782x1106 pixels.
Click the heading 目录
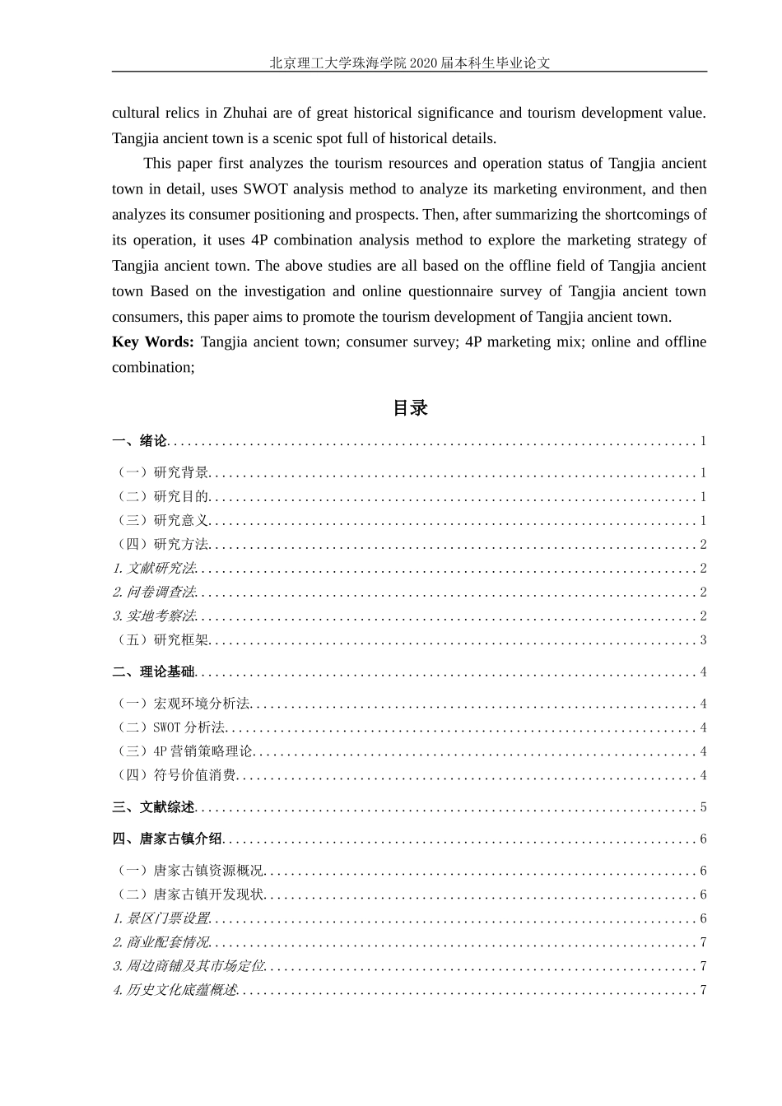(x=410, y=408)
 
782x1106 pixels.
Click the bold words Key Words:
(x=153, y=342)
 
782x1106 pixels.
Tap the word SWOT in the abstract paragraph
(x=261, y=188)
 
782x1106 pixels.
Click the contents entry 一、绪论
(x=139, y=441)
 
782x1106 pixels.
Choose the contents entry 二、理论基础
(x=153, y=672)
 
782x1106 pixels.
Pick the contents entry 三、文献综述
(x=153, y=807)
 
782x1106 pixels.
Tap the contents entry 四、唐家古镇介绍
(x=167, y=839)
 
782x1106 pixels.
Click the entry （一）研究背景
(x=161, y=473)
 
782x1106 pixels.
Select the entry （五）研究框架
(x=161, y=640)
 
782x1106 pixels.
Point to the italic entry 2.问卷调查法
(x=155, y=592)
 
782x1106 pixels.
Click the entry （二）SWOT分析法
(x=169, y=727)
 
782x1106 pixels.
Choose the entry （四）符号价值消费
(x=175, y=775)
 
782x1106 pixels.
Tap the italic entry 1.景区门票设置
(x=161, y=918)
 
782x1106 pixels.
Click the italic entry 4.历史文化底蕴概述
(x=175, y=990)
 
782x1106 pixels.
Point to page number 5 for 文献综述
(x=703, y=807)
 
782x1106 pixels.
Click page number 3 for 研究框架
(x=703, y=640)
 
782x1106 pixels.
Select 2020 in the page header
(x=426, y=63)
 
